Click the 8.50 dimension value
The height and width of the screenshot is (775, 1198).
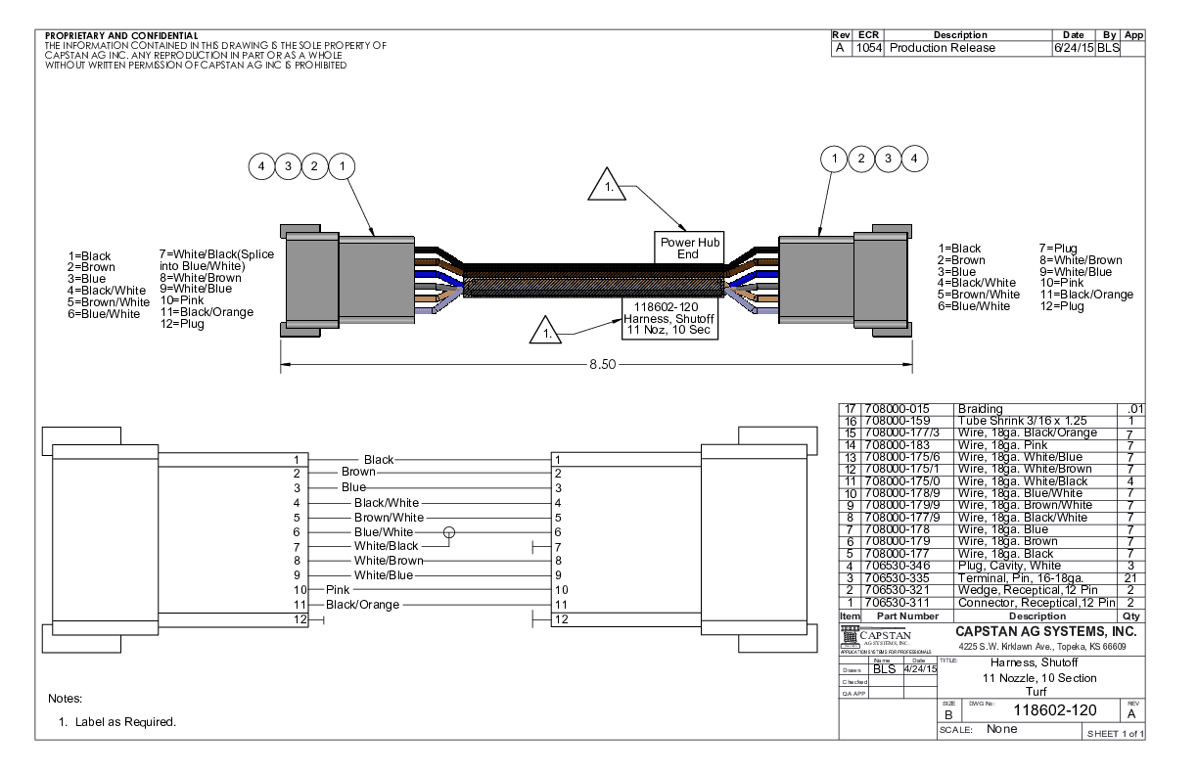coord(602,364)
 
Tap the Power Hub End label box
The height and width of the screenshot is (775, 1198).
coord(688,248)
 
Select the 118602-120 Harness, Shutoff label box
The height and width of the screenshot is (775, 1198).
coord(670,319)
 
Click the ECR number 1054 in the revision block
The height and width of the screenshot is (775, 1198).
coord(868,48)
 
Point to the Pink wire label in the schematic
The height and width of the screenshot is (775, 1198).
coord(338,590)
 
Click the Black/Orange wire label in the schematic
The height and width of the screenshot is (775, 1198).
coord(362,605)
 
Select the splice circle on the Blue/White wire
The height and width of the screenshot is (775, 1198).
coord(449,531)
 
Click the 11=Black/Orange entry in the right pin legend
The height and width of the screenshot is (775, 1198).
coord(1085,295)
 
